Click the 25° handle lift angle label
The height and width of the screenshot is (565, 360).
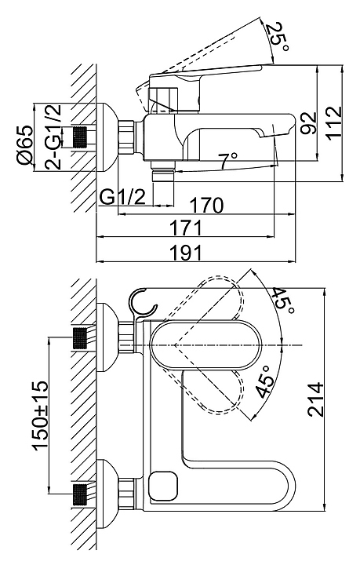[280, 37]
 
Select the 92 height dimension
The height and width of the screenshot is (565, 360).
[308, 123]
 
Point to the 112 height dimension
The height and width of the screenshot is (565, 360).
[334, 122]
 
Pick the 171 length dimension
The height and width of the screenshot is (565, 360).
[186, 228]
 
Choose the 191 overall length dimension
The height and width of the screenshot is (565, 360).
[186, 252]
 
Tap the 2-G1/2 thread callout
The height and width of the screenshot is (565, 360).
[53, 137]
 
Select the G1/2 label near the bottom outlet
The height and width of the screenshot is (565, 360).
[123, 197]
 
